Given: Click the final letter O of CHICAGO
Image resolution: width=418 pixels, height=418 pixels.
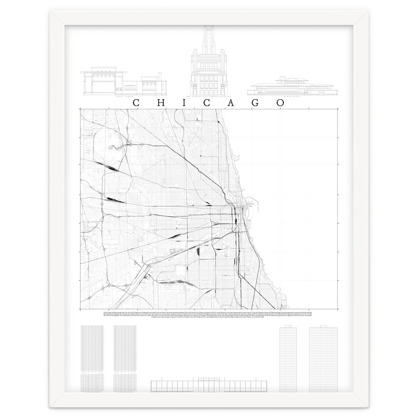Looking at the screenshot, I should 280,103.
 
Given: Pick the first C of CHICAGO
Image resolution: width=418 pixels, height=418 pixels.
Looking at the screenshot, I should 137,103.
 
